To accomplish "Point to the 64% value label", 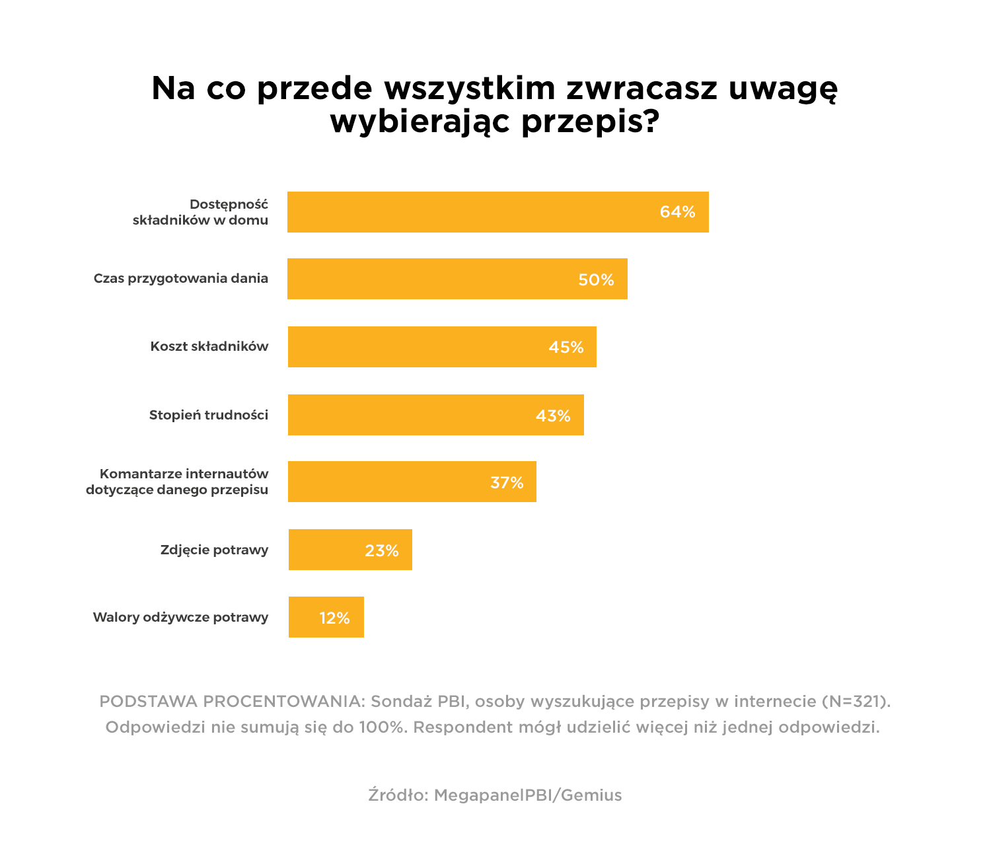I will click(677, 212).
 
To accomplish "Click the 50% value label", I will click(596, 280).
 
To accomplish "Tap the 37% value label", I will click(507, 483).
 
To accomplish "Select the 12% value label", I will click(334, 618).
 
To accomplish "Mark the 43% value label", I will click(552, 416).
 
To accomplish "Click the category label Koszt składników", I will click(209, 347).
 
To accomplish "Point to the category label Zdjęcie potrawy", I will click(214, 550).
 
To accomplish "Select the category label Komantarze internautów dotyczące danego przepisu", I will click(177, 482).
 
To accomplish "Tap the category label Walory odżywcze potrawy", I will click(180, 618).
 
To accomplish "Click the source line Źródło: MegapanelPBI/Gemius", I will click(495, 795).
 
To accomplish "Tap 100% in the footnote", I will click(381, 727).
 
